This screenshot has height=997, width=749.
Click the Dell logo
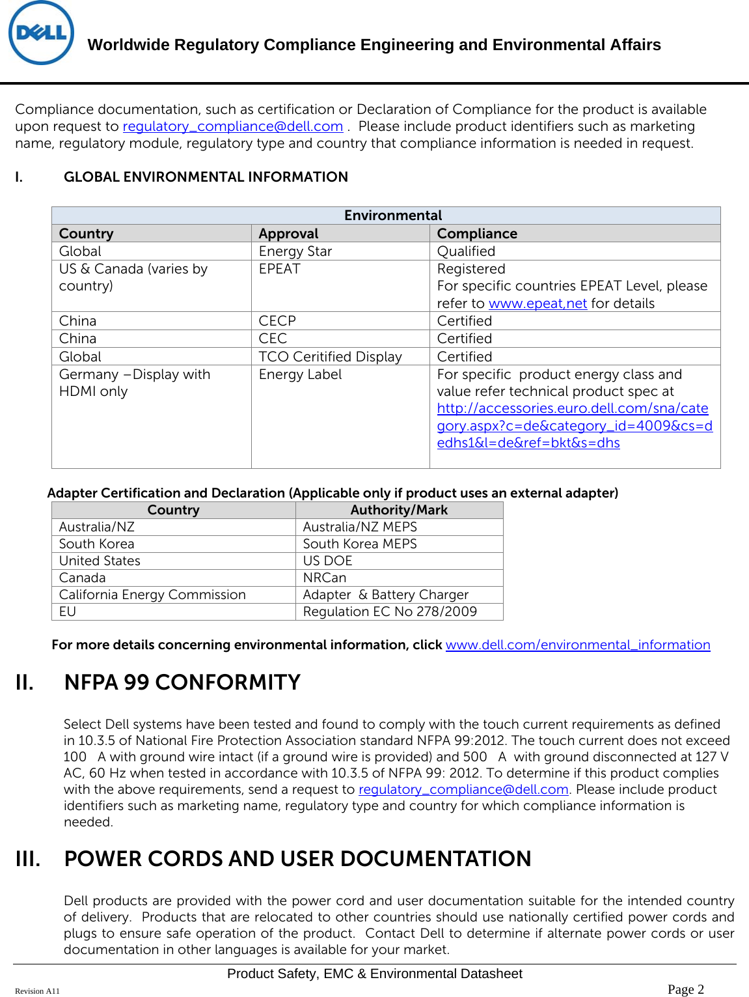41,33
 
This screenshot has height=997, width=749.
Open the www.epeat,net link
538,303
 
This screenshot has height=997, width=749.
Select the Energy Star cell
295,251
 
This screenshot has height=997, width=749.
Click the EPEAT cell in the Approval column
280,269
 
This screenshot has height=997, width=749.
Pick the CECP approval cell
277,321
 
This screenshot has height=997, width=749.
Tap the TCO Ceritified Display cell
331,357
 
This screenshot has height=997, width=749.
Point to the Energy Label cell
300,374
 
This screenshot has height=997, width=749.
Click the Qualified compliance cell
466,251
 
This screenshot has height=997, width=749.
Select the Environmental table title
392,216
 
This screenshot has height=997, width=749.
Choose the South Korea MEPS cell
360,544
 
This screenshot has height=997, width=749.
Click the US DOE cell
327,561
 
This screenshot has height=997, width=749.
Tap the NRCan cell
325,578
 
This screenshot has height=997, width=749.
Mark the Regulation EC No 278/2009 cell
390,611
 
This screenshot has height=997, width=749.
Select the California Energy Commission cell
152,595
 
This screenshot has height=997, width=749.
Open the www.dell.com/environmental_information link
578,645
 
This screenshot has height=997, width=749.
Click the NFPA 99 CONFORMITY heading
182,682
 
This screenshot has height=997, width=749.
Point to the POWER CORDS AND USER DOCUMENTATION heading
297,859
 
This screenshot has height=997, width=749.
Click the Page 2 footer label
686,989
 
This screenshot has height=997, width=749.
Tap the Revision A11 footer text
37,991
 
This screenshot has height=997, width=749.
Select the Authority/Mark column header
399,510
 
